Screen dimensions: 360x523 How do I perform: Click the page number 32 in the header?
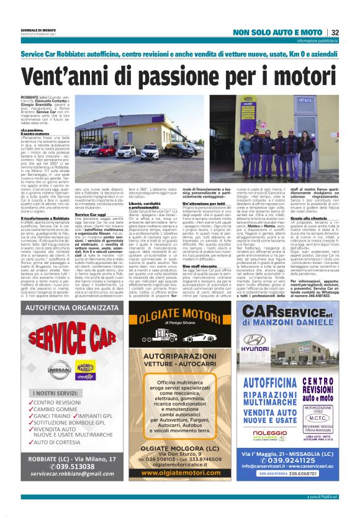coord(335,32)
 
